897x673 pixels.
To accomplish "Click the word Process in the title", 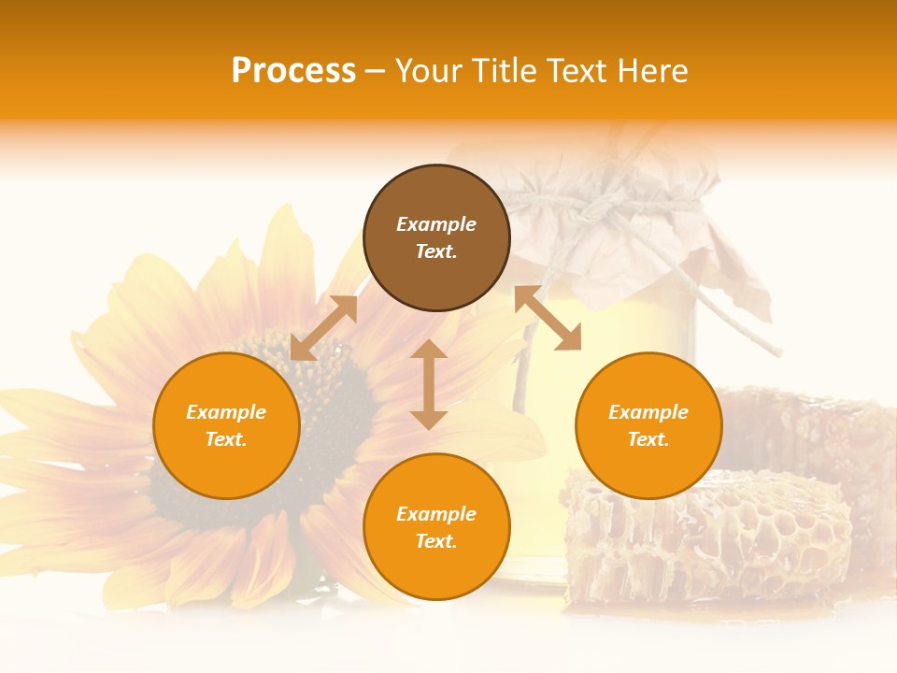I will (293, 71).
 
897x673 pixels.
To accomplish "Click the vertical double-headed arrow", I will (429, 384).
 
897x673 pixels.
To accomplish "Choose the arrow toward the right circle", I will (548, 318).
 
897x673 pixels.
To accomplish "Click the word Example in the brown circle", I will (436, 224).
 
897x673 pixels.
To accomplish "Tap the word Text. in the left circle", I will (226, 439).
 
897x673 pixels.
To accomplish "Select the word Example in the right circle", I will (648, 412).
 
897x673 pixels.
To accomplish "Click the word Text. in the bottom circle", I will (436, 541).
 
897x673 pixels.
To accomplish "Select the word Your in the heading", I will (428, 71).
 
